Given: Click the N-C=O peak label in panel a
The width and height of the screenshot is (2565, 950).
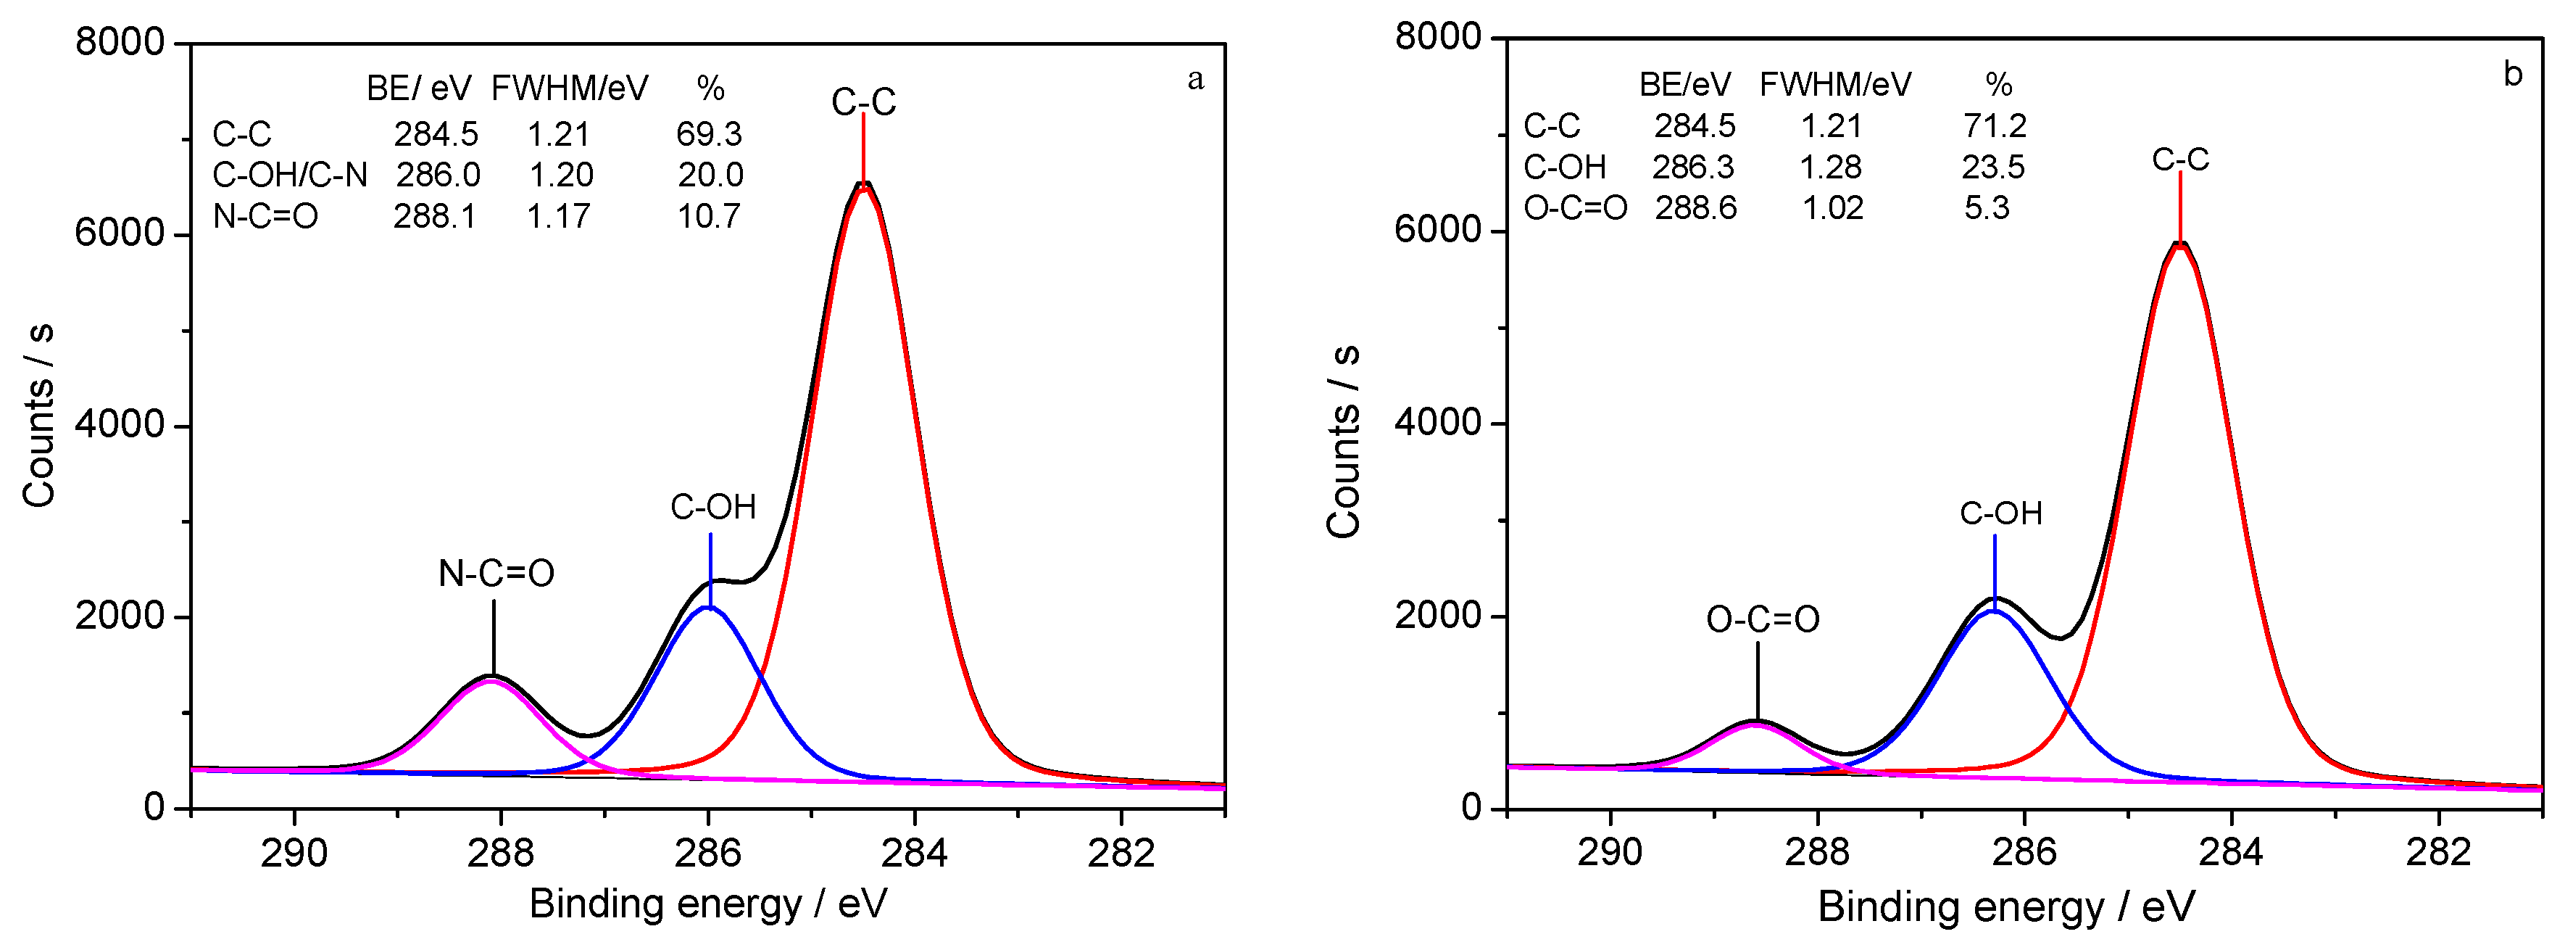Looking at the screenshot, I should tap(496, 574).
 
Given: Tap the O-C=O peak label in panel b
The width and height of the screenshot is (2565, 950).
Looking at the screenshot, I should tap(1763, 619).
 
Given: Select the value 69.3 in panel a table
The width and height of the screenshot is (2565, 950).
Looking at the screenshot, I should tap(709, 133).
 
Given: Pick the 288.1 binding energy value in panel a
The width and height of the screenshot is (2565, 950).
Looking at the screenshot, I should tap(434, 216).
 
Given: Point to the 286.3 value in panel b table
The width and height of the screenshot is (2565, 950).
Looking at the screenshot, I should tap(1693, 166).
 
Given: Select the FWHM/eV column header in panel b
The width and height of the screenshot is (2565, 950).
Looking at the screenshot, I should tap(1835, 85).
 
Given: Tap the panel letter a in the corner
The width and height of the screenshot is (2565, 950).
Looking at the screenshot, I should tap(1195, 80).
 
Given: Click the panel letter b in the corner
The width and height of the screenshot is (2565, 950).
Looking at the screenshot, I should tap(2512, 75).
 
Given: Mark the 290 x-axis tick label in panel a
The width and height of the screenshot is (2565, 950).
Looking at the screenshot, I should tap(294, 854).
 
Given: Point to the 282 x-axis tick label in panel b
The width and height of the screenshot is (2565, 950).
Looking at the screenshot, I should tap(2439, 851).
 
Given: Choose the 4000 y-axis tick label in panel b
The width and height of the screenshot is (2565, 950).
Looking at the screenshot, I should tap(1437, 422).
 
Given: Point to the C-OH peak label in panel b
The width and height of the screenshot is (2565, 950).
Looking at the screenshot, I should tap(2000, 514).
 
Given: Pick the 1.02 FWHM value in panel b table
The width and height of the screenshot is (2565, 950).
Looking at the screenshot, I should tap(1832, 208).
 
